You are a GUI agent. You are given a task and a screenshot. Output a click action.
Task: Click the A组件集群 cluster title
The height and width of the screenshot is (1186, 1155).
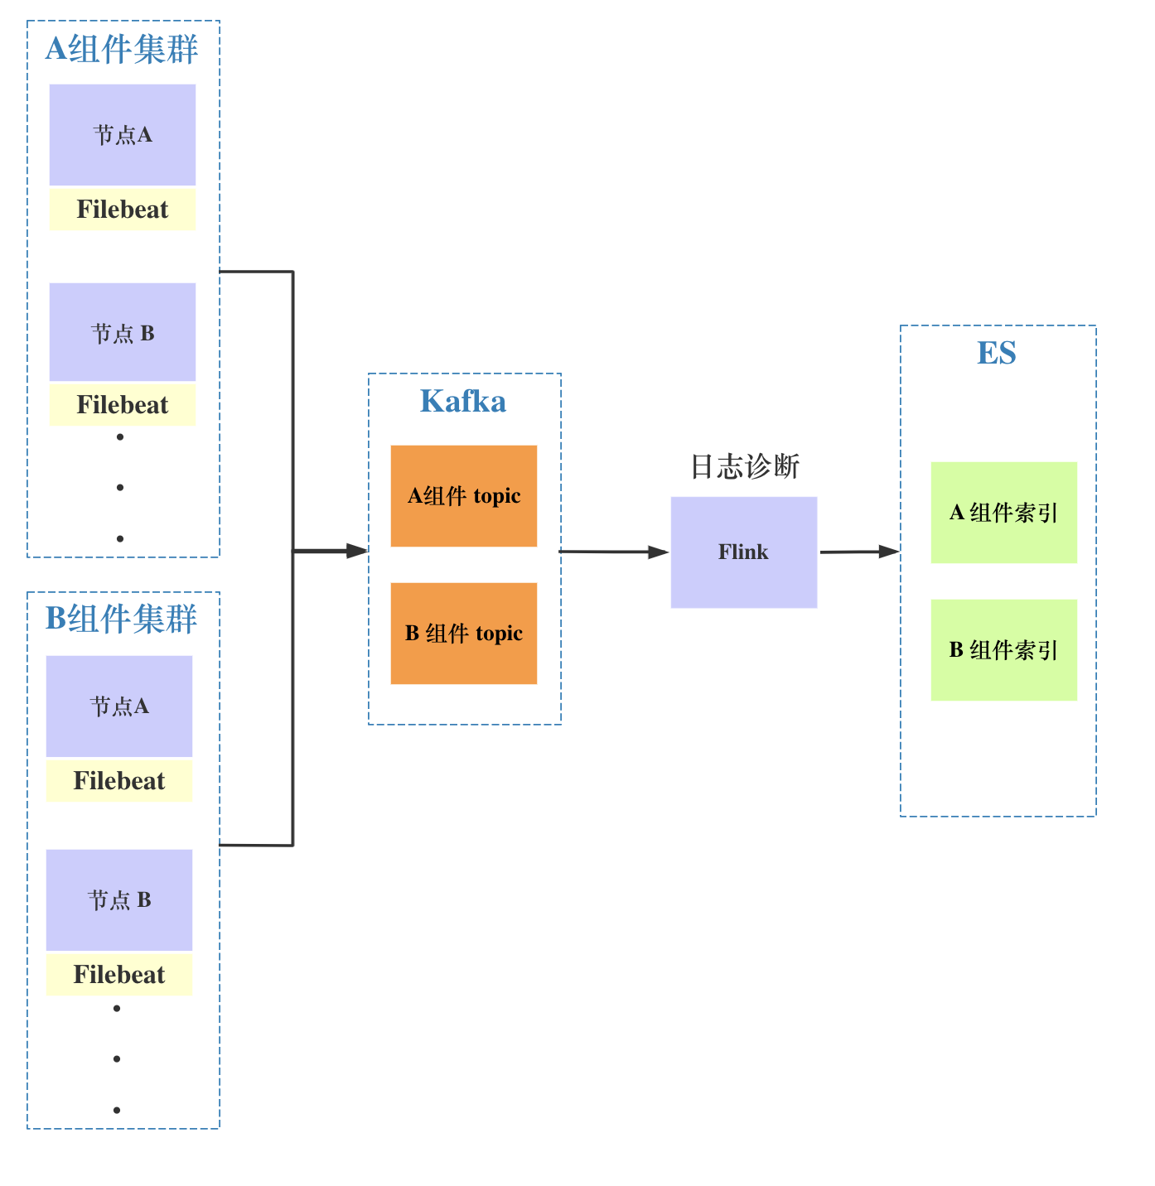pos(122,49)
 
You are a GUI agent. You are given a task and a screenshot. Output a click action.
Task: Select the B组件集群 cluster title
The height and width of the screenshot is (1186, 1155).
pos(121,619)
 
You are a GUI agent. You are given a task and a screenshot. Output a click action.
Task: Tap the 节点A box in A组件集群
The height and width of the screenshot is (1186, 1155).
pos(123,134)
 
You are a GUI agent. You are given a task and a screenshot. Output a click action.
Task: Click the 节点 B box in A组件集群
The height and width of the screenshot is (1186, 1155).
pos(123,332)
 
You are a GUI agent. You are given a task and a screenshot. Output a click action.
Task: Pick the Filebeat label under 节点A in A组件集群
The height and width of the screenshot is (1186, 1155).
pos(123,210)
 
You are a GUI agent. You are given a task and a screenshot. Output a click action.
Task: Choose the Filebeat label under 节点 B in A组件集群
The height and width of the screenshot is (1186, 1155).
pos(123,405)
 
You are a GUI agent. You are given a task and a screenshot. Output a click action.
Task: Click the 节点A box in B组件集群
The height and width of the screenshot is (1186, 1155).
pos(119,706)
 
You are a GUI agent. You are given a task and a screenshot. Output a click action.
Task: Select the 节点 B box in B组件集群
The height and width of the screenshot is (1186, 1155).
pos(119,899)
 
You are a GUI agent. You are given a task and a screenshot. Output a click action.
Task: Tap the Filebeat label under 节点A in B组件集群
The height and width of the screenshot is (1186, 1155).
pos(119,781)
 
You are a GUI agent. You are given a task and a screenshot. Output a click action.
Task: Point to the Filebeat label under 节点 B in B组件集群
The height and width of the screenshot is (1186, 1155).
pos(119,975)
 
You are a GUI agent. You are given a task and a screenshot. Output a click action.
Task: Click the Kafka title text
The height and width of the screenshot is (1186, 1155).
pos(463,402)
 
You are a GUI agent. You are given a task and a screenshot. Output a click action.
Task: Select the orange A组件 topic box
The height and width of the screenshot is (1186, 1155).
pos(464,496)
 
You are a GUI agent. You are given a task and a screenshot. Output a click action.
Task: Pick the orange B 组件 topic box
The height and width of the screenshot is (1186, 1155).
pos(464,634)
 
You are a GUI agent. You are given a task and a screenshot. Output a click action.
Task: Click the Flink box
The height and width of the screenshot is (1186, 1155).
pos(744,552)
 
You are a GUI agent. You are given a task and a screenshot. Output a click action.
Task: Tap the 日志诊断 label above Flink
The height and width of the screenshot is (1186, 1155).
pos(745,466)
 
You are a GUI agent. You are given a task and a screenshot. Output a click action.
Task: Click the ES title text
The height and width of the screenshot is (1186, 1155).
pos(997,354)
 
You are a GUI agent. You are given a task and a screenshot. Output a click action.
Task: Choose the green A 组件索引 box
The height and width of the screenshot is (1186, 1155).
pos(1003,513)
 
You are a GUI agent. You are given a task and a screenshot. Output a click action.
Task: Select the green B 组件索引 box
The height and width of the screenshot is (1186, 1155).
pos(1003,650)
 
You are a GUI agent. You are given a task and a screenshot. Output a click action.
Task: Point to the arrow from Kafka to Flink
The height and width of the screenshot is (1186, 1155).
pos(614,552)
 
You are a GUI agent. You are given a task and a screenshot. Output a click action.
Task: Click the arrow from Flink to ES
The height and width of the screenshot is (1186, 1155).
pos(858,552)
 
